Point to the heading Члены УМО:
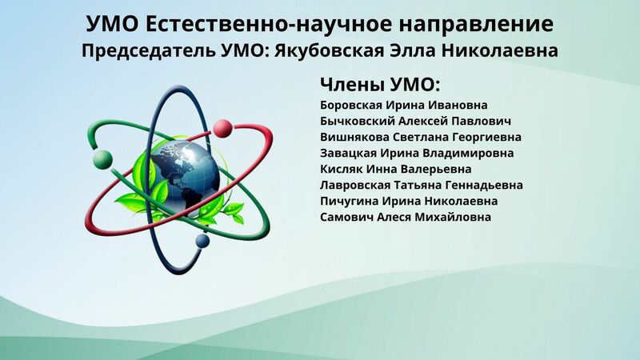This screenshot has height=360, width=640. pos(381,85)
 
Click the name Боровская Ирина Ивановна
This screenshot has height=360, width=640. pos(404,106)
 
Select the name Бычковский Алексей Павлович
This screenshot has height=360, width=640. pos(415,122)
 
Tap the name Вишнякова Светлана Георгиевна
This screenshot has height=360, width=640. pos(421,137)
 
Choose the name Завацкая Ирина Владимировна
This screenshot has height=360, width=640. pos(417,153)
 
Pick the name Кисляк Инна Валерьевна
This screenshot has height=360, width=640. pos(395,169)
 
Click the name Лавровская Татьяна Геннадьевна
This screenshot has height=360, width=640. pos(422,186)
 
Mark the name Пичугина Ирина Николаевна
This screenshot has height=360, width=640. pos(409,202)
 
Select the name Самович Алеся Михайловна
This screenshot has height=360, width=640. pos(406,217)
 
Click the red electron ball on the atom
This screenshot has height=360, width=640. pos(223,128)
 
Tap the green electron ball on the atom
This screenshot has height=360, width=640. pos(102,159)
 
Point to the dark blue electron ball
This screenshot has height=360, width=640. pos(202,241)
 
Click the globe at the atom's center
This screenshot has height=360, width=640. pos(185,176)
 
